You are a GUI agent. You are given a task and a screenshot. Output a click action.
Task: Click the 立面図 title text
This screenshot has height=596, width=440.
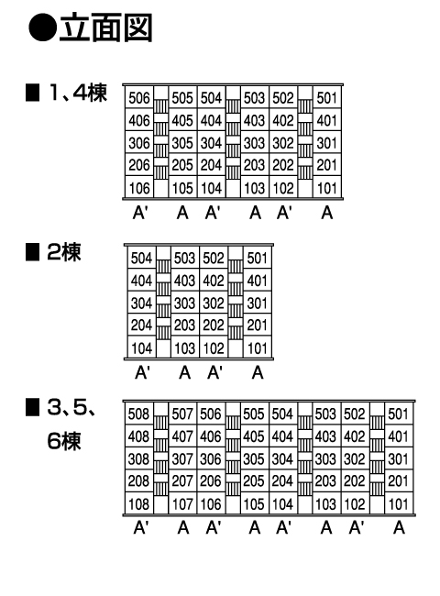click(105, 28)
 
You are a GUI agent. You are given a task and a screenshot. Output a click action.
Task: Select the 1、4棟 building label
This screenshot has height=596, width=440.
click(77, 93)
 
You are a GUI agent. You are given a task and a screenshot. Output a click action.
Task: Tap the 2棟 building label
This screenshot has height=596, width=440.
click(64, 251)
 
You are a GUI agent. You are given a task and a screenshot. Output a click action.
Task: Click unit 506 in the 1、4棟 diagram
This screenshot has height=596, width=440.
click(139, 98)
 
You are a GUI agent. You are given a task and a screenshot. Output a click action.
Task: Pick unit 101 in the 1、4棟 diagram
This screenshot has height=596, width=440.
click(326, 188)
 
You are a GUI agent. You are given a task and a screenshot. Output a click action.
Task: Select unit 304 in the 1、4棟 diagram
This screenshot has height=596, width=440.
click(211, 143)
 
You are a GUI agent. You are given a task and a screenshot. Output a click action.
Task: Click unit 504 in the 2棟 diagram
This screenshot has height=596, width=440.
click(141, 258)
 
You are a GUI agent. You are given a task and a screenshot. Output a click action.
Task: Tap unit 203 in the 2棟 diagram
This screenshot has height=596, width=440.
click(184, 326)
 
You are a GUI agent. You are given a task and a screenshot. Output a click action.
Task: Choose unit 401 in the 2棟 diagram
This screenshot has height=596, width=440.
click(258, 281)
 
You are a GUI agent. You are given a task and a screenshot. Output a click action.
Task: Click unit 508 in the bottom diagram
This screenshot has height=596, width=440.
click(138, 414)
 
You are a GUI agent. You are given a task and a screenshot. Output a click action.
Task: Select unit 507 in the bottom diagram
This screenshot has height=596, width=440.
click(182, 414)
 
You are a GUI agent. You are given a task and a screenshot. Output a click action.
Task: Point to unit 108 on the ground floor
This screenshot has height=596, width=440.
click(138, 504)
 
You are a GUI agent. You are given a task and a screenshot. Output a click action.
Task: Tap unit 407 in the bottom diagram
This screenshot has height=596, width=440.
click(182, 436)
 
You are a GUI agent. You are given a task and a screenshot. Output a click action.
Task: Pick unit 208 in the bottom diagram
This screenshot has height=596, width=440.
click(138, 481)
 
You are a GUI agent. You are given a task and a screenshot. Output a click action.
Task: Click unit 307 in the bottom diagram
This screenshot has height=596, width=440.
click(182, 458)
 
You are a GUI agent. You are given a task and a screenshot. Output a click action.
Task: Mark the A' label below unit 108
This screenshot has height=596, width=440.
click(141, 527)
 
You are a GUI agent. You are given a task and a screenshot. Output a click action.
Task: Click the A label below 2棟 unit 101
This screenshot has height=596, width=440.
click(258, 372)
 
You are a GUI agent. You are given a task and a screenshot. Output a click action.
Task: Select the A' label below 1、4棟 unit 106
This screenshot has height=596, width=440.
click(140, 213)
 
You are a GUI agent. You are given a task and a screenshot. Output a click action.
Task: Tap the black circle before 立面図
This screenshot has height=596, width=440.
click(42, 28)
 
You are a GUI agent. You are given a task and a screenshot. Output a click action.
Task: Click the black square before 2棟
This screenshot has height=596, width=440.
click(32, 252)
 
